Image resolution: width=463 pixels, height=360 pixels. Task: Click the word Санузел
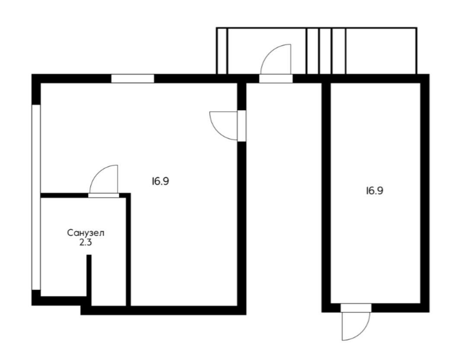pos(86,233)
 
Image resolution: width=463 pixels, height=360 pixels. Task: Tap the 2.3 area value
pos(86,243)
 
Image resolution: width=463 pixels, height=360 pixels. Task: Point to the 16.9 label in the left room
pos(160,181)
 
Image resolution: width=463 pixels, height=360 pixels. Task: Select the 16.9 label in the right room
pos(374,191)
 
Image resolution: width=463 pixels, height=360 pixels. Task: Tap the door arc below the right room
pos(363,333)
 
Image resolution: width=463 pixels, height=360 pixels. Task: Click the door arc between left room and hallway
pos(217,132)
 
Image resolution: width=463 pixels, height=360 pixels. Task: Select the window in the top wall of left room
pos(133,79)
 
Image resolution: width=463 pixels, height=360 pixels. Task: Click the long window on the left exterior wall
pos(36,197)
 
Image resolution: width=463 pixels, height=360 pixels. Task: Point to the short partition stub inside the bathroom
pos(89,280)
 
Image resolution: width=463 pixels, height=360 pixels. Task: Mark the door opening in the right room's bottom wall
pos(356,308)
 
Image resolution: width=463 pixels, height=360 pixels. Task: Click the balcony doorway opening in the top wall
pos(276,79)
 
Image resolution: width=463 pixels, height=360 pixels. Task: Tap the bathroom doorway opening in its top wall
pos(104,196)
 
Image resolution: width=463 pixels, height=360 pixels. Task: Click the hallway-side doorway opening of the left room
pos(242,126)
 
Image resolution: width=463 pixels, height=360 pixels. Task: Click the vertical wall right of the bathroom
pos(128,250)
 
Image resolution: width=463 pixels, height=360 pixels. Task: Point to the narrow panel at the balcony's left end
pos(222,51)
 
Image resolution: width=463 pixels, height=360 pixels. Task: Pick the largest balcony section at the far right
pos(381,51)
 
